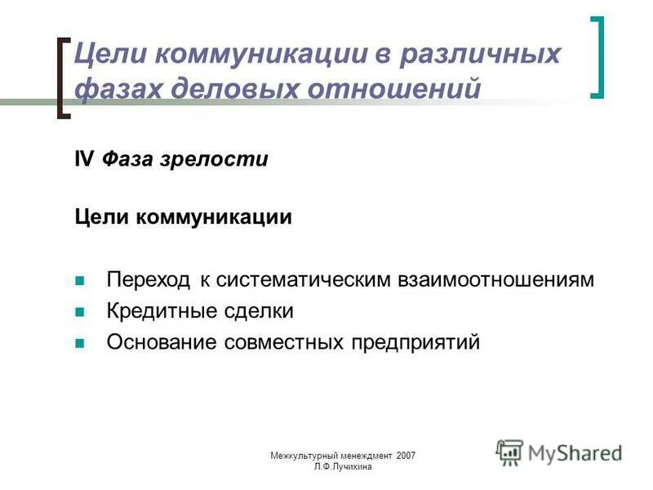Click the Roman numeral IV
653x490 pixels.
point(84,159)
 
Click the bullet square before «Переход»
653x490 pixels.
point(80,281)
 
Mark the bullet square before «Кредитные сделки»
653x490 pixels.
point(80,312)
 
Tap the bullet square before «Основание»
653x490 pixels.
point(80,343)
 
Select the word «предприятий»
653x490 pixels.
point(415,342)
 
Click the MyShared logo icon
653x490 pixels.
point(509,452)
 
